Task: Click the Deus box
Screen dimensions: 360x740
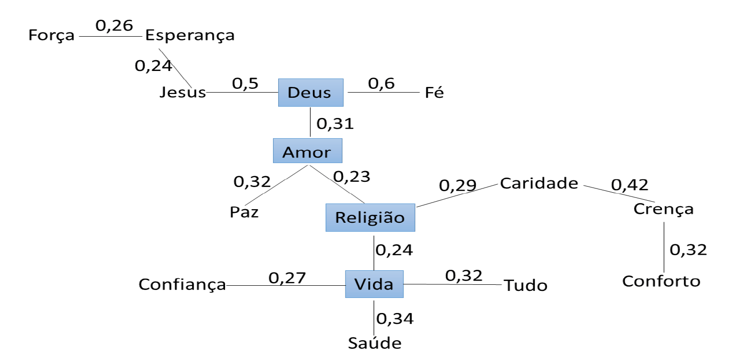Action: tap(311, 93)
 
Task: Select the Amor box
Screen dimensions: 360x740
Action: tap(307, 151)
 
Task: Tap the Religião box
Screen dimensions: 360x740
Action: tap(370, 218)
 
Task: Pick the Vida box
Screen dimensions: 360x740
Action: tap(374, 284)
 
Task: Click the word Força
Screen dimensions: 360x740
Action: tap(51, 35)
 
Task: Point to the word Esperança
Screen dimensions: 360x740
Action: tap(189, 35)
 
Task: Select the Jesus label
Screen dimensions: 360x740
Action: tap(182, 92)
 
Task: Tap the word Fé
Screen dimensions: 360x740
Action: tap(434, 93)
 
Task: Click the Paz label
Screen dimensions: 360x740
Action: tap(244, 212)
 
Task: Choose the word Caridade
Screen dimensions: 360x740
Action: tap(539, 183)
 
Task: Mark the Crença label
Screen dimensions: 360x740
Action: tap(663, 209)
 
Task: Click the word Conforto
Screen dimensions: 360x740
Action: tap(661, 281)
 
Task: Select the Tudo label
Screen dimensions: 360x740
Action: tap(525, 285)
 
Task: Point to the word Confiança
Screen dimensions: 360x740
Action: tap(182, 284)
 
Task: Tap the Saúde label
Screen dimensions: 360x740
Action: tap(374, 343)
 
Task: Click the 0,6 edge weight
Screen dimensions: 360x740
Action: tap(381, 84)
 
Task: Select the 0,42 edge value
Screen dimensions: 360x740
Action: tap(630, 185)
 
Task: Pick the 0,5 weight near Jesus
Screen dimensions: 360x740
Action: tap(245, 84)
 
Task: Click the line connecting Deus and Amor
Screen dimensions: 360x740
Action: tap(310, 122)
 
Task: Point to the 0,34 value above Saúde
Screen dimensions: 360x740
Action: tap(395, 319)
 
